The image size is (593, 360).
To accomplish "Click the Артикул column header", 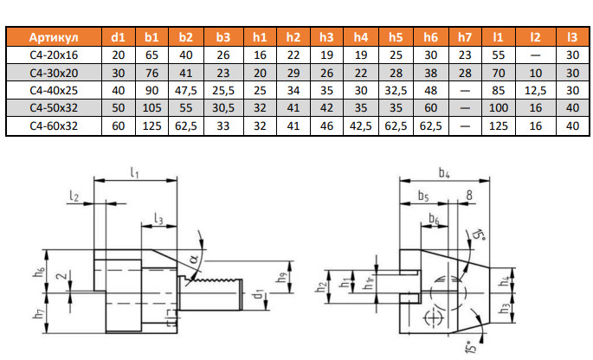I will pyautogui.click(x=54, y=38).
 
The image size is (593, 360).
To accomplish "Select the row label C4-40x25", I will pyautogui.click(x=53, y=90).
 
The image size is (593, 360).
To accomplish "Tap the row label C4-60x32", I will pyautogui.click(x=53, y=126).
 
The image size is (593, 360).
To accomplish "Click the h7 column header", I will pyautogui.click(x=465, y=38).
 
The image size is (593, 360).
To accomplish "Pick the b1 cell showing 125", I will pyautogui.click(x=151, y=126).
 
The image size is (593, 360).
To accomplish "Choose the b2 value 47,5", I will pyautogui.click(x=186, y=90).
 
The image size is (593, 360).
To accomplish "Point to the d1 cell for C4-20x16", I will pyautogui.click(x=119, y=55).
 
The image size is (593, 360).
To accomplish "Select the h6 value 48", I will pyautogui.click(x=430, y=90).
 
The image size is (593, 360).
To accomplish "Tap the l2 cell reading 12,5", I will pyautogui.click(x=535, y=90).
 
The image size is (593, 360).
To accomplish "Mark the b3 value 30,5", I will pyautogui.click(x=223, y=108).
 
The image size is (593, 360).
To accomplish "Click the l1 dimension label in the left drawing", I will pyautogui.click(x=135, y=173).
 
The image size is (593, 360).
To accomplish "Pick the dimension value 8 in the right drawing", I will pyautogui.click(x=467, y=195).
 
